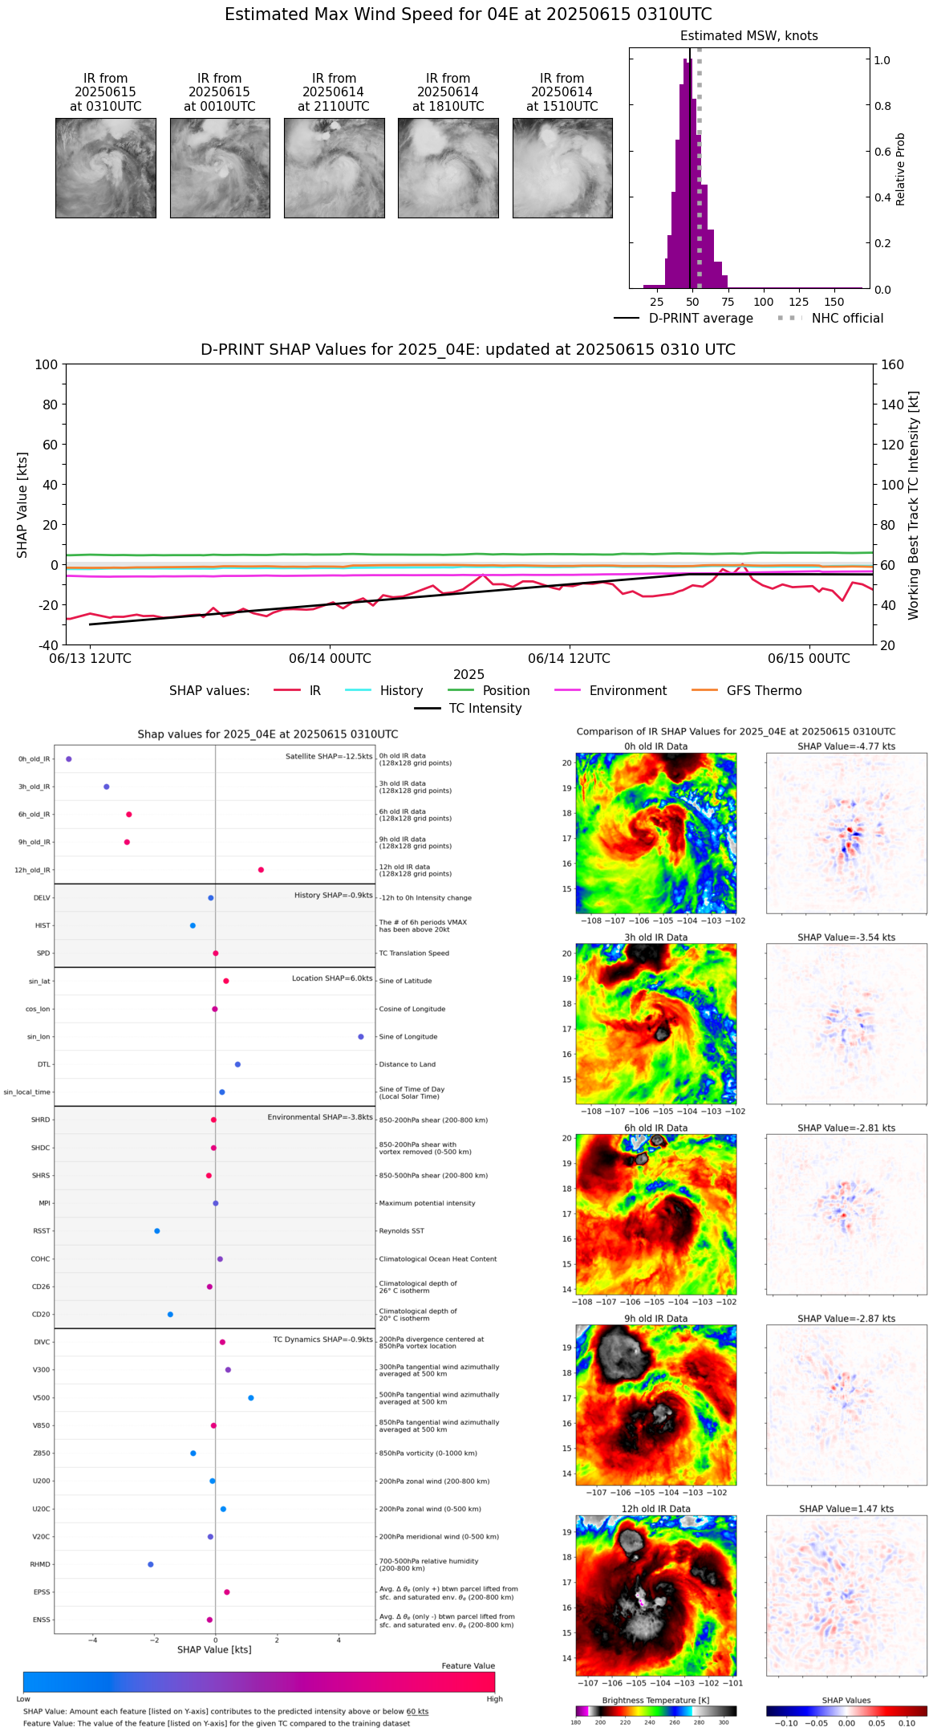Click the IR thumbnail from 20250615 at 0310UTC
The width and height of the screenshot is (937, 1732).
point(106,168)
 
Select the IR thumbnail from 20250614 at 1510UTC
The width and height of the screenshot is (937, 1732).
point(562,168)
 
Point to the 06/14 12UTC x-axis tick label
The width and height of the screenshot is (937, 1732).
point(569,659)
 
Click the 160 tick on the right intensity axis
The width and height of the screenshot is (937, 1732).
point(892,364)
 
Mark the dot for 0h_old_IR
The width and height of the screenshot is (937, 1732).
point(69,759)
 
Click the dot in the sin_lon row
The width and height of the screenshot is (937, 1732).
point(361,1037)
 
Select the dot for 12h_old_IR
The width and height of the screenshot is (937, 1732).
point(261,870)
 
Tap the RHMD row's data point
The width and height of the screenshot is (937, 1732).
point(151,1564)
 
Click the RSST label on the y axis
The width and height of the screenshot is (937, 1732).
point(42,1231)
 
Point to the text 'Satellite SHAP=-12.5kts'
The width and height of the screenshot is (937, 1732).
point(329,757)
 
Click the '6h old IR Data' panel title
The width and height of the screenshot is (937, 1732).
point(655,1128)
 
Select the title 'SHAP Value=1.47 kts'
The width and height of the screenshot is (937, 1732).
point(846,1510)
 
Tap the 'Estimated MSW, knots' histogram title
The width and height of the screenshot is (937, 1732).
point(748,36)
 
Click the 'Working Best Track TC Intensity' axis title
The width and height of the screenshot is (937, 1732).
point(914,506)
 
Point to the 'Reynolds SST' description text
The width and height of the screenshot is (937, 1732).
point(402,1231)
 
